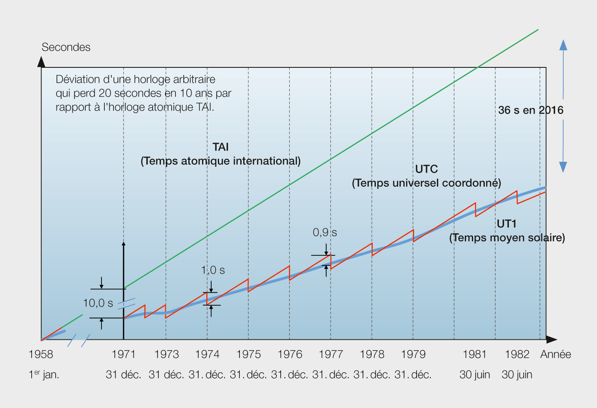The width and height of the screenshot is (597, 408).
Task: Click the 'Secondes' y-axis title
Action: point(66,47)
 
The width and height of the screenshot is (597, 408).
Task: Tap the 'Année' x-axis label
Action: point(555,354)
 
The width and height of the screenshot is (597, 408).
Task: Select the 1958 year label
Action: point(41,354)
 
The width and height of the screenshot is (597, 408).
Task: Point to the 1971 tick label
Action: point(123,354)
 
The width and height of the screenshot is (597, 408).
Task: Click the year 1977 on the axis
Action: point(331,354)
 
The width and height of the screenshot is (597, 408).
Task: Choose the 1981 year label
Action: point(474,354)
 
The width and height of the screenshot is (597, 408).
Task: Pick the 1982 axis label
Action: point(517,354)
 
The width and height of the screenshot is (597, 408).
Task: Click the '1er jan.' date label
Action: point(44,374)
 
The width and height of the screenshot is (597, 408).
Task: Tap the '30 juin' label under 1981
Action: point(474,374)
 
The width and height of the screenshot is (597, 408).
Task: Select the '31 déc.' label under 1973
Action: point(166,374)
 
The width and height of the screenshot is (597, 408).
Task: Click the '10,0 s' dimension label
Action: point(98,303)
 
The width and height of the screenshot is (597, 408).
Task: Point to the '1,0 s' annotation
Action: point(213,270)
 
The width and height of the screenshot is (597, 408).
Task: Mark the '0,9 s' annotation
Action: point(325,232)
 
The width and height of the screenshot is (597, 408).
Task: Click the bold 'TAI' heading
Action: point(220,147)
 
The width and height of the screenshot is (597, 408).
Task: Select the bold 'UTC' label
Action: point(426,169)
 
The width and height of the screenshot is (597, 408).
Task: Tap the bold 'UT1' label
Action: point(506,224)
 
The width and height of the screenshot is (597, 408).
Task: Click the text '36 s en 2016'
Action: point(530,110)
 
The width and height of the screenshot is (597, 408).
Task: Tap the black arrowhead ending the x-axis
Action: point(552,339)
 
